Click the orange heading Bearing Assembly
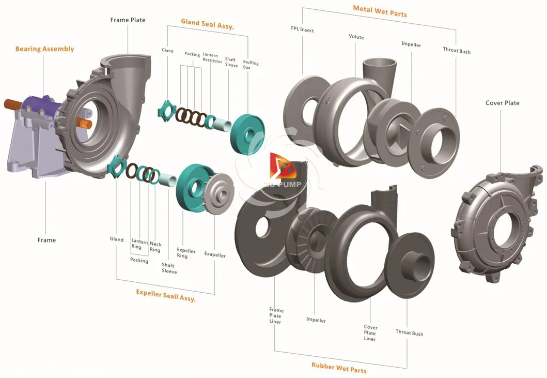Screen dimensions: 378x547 (x=44, y=49)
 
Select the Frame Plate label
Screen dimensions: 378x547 (x=128, y=20)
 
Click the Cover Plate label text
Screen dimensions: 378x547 (x=502, y=103)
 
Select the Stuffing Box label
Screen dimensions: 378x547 (x=251, y=66)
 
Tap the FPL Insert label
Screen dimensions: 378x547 (x=302, y=30)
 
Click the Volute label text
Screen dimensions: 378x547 (x=356, y=37)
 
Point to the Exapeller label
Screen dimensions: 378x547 (x=215, y=254)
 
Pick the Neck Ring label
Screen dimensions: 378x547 (x=155, y=247)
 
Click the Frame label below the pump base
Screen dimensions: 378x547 (x=46, y=240)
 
